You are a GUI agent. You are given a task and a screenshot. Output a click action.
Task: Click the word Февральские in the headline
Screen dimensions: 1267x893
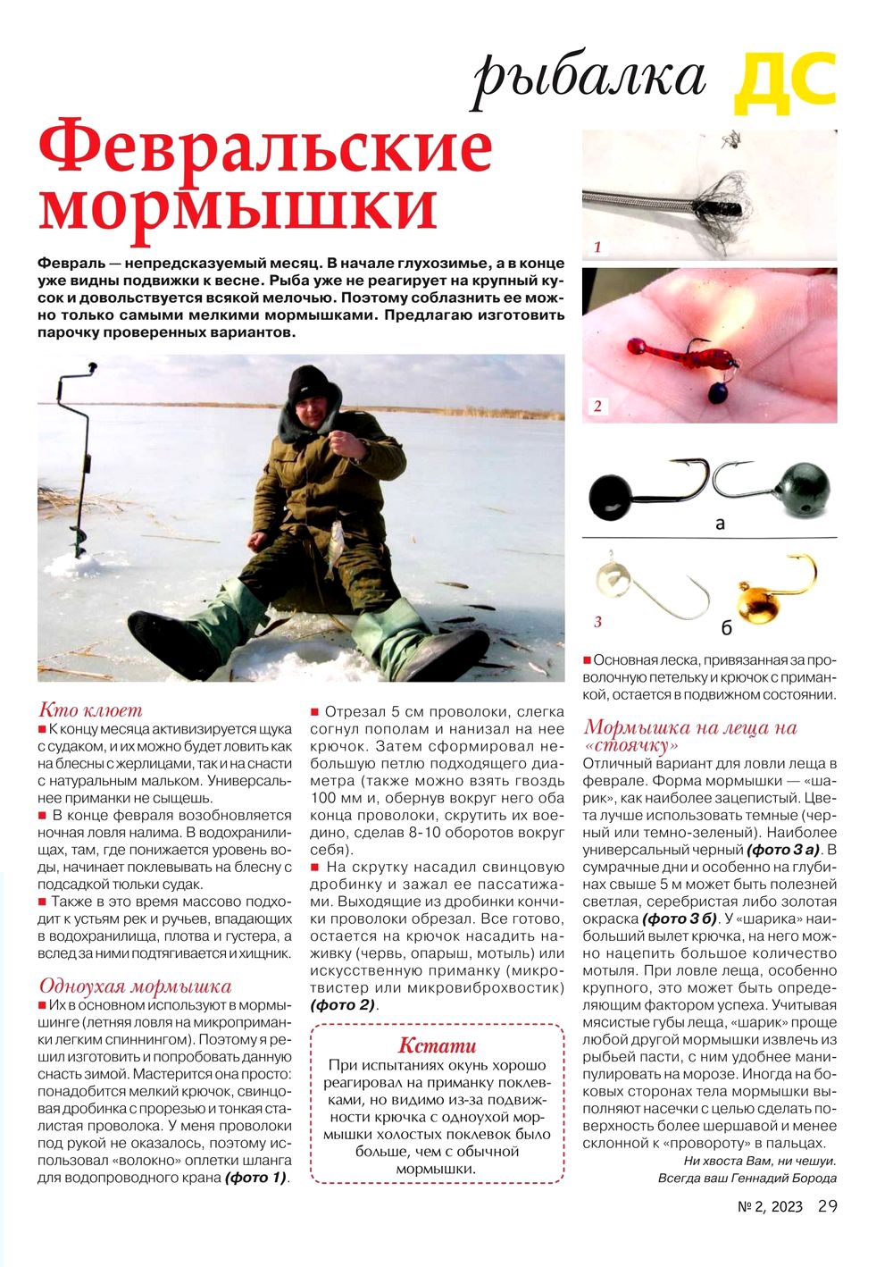tap(265, 150)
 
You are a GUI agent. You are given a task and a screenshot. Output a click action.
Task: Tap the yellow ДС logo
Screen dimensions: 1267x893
tap(785, 82)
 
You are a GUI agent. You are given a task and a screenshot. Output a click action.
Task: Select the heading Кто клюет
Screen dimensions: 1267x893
tap(90, 710)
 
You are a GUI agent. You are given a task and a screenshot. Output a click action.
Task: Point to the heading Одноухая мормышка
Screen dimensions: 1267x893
tap(135, 986)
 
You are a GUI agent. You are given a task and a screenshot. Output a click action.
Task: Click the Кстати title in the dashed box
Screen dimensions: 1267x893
tap(437, 1045)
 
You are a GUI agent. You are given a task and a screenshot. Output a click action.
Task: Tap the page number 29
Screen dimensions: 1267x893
tap(828, 1206)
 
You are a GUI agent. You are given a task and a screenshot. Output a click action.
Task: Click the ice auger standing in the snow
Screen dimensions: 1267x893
tap(80, 465)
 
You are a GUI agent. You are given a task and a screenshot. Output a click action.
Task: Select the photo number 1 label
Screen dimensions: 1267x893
tap(597, 248)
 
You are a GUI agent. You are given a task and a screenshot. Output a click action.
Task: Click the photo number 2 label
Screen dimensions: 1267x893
tap(597, 407)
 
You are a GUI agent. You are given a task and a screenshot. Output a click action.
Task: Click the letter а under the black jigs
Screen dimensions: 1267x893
tap(720, 524)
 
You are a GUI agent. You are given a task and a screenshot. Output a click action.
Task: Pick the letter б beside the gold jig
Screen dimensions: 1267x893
tap(726, 628)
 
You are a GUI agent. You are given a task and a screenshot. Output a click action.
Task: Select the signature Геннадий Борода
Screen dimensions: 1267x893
tap(783, 1178)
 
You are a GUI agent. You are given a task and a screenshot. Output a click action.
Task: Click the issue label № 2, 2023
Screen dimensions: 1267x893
tap(771, 1207)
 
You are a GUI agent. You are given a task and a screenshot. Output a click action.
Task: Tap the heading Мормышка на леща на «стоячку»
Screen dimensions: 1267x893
tap(689, 735)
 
